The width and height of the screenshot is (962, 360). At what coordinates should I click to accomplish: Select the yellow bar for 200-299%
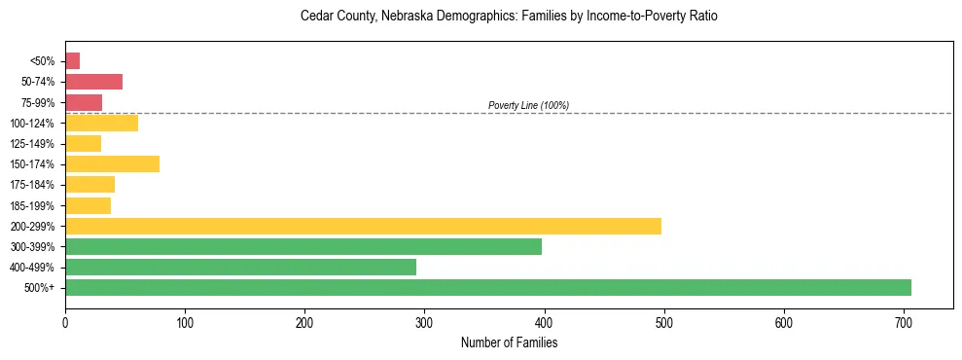(x=363, y=226)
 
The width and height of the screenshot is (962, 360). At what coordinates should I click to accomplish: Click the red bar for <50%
(x=72, y=61)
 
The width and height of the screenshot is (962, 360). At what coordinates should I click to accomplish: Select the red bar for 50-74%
(x=93, y=82)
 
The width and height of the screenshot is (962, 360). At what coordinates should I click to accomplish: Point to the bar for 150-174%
(x=112, y=163)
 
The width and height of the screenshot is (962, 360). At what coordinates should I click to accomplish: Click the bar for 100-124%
(x=101, y=123)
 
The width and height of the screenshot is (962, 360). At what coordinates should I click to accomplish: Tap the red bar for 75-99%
(x=84, y=102)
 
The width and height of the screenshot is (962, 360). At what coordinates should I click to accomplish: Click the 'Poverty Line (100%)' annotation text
(x=528, y=105)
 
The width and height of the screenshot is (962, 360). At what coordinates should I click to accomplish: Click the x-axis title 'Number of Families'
(x=509, y=342)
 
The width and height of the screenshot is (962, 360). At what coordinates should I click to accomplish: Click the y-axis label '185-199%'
(x=32, y=205)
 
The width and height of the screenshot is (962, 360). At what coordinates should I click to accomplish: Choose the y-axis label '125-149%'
(x=32, y=143)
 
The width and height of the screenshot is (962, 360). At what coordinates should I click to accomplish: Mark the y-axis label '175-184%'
(x=32, y=185)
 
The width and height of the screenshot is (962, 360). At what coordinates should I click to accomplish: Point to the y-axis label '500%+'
(x=39, y=288)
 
